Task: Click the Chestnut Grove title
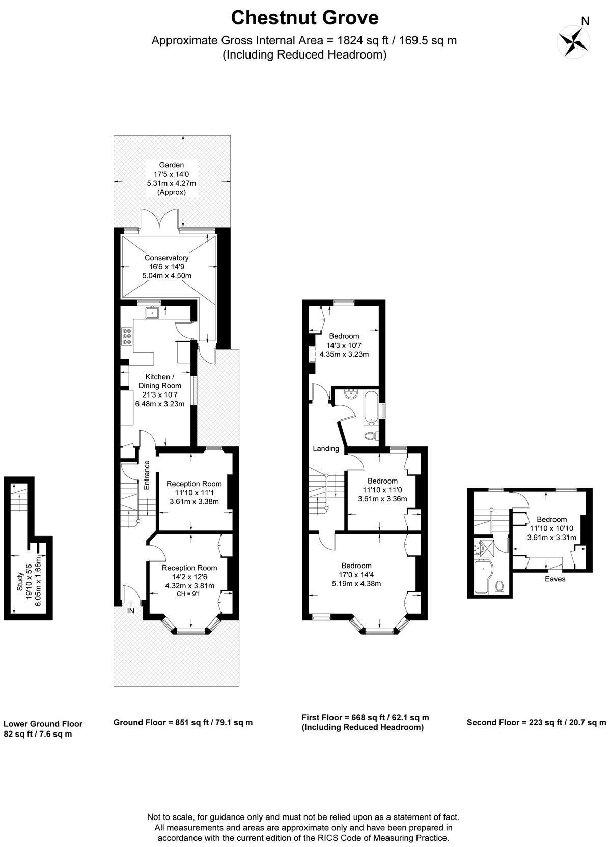pos(305,18)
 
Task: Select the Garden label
pos(172,165)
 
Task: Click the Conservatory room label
pos(166,258)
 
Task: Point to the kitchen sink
pos(152,313)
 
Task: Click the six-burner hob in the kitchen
pos(127,336)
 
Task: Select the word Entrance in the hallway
pos(147,475)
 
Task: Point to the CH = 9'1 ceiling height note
pos(188,594)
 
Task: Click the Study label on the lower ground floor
pos(20,582)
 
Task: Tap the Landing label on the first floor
pos(326,449)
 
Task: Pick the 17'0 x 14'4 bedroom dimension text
pos(356,575)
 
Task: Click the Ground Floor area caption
pos(183,722)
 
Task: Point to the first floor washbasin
pos(351,394)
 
